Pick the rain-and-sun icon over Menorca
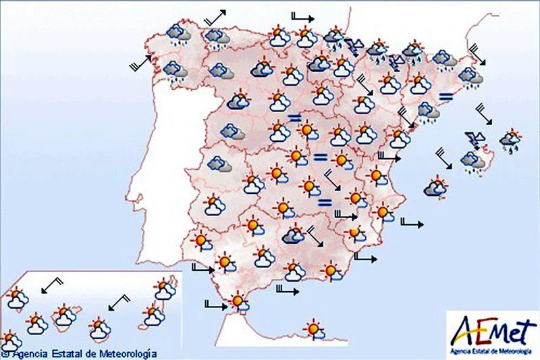[510, 139]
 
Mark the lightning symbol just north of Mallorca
[475, 140]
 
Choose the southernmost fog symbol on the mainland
[325, 201]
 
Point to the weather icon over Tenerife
[64, 315]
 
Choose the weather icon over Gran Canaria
[100, 330]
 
